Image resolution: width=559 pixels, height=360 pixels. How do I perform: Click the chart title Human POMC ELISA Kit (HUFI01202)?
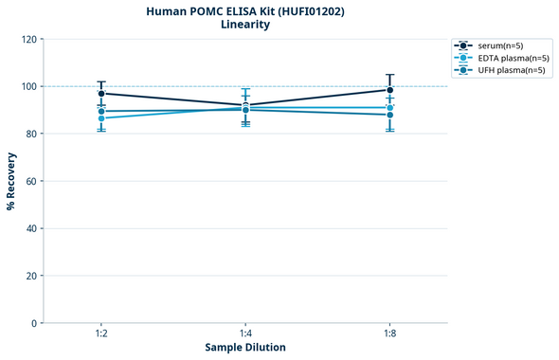click(245, 10)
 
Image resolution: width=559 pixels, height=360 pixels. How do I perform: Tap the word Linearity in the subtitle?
click(245, 25)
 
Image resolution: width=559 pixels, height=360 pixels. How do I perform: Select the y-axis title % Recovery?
click(11, 181)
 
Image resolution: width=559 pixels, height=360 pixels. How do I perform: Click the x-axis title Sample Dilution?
click(245, 347)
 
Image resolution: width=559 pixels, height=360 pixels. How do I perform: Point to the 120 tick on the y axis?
click(28, 39)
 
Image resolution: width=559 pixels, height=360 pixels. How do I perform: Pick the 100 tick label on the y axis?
click(28, 86)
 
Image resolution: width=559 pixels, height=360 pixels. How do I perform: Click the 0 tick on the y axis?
click(34, 323)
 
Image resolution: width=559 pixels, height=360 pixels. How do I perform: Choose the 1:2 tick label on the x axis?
click(101, 334)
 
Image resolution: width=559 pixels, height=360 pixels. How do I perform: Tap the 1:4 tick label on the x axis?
click(245, 334)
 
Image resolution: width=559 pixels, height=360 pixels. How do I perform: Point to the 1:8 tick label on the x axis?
click(389, 334)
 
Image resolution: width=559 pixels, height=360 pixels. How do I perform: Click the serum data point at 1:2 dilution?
click(101, 94)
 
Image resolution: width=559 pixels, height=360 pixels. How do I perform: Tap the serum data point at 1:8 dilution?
click(389, 90)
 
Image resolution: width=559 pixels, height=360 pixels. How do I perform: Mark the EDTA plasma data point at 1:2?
click(101, 118)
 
